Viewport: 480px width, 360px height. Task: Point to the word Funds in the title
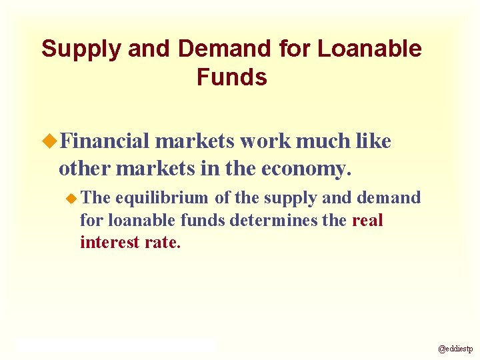[x=231, y=77]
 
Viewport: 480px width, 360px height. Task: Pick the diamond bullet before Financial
[x=50, y=141]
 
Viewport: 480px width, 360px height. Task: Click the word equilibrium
[x=163, y=198]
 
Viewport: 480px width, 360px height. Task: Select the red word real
[x=367, y=220]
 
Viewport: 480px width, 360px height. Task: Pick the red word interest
[x=109, y=242]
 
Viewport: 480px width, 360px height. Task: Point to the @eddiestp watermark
[x=455, y=349]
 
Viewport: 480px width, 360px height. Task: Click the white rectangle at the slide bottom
[x=116, y=345]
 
